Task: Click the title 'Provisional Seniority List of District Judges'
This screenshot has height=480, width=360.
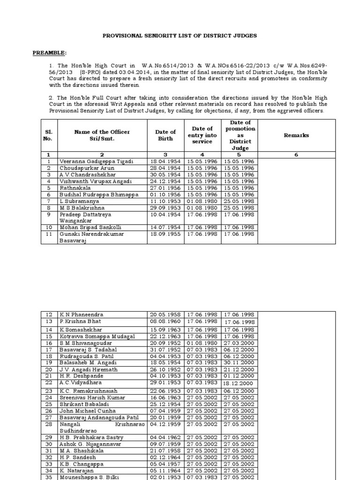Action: click(x=180, y=36)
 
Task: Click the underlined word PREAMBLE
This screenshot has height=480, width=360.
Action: click(x=48, y=52)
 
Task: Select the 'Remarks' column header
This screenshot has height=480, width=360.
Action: click(x=296, y=135)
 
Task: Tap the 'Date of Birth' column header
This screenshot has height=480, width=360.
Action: click(x=166, y=135)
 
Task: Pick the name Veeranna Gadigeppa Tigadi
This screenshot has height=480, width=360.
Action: click(x=96, y=161)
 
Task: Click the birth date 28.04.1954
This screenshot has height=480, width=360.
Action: click(x=166, y=168)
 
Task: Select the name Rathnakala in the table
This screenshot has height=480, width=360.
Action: click(x=75, y=187)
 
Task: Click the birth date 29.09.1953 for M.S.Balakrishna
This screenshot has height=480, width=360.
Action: click(x=166, y=207)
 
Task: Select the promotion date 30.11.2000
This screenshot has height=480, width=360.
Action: click(x=239, y=362)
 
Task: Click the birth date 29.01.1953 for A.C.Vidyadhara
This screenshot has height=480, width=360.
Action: click(x=166, y=382)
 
